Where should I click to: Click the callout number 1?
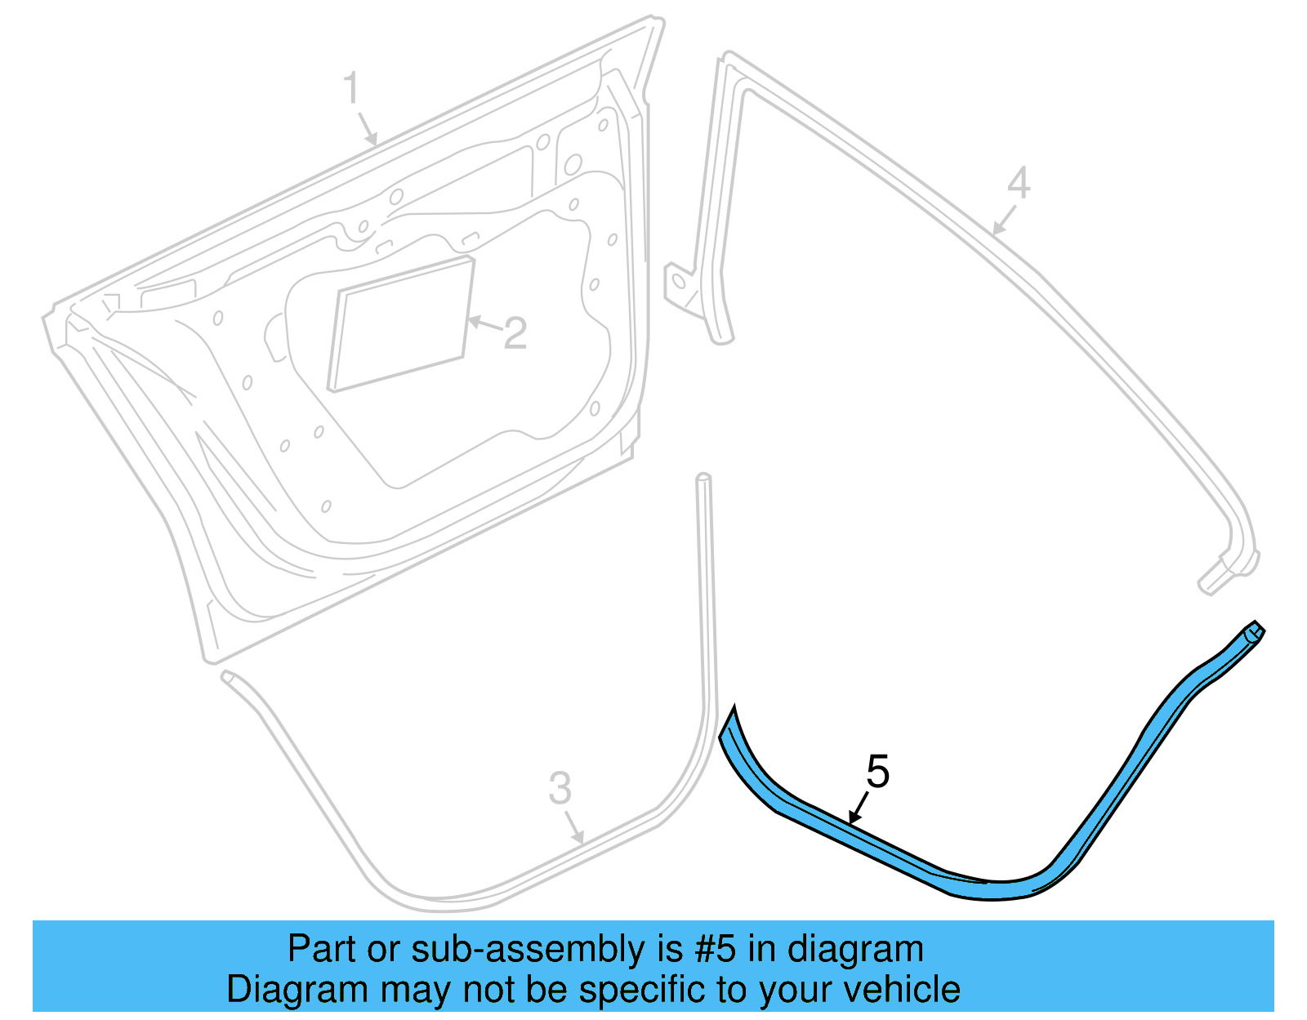coord(351,89)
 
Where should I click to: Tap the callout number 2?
coord(515,334)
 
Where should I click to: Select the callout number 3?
coord(560,789)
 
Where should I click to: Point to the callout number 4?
coord(1018,183)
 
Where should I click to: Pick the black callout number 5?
coord(877,772)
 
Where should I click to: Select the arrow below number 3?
coord(575,828)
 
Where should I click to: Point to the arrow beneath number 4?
coord(1004,220)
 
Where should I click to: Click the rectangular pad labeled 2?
coord(400,324)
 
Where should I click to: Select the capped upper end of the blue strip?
coord(1253,632)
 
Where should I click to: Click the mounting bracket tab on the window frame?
coord(679,283)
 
